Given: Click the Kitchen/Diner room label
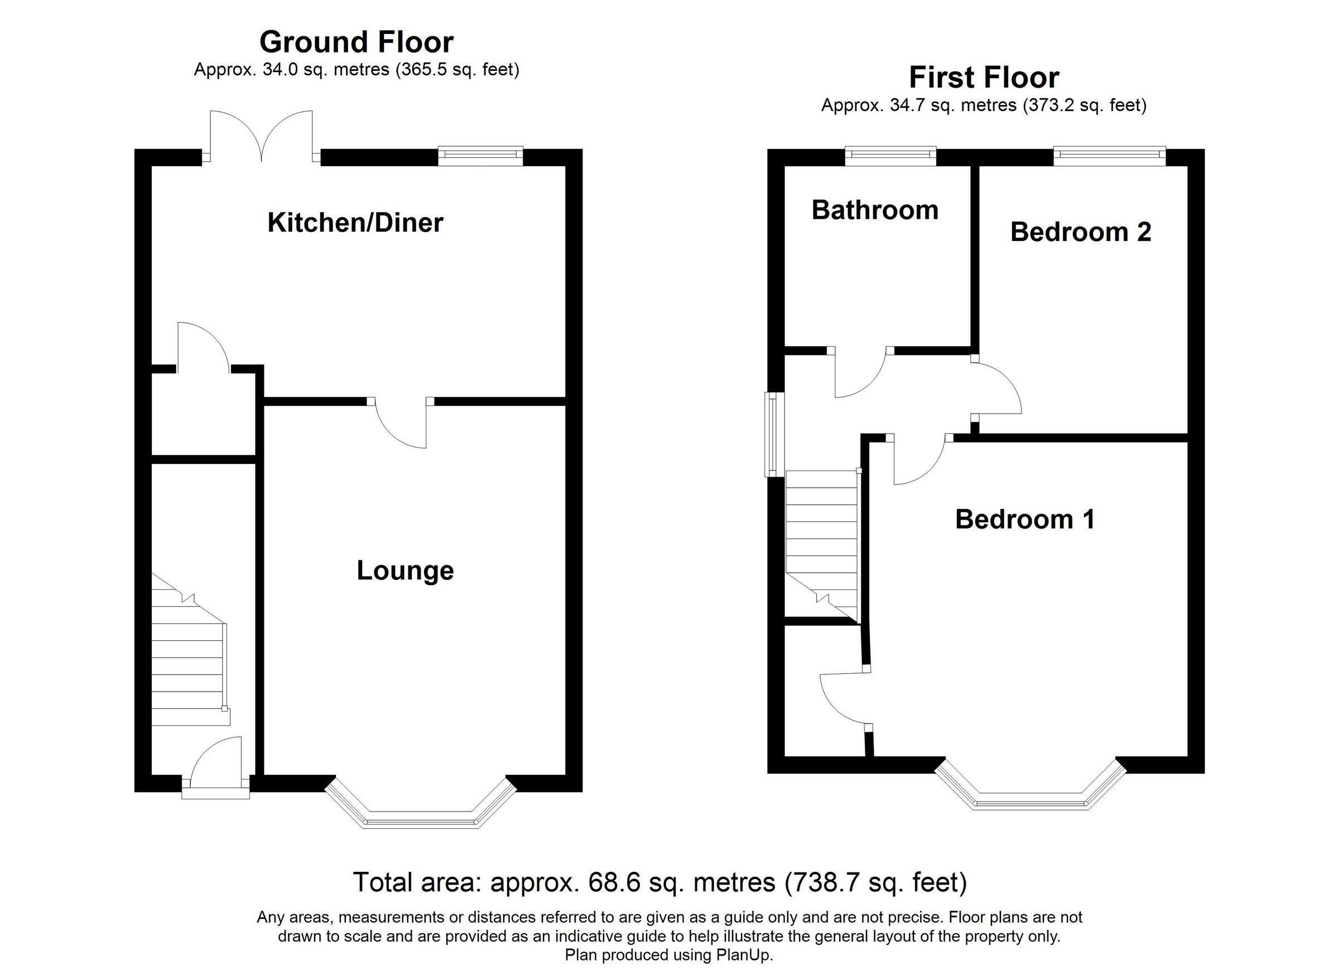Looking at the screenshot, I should tap(355, 223).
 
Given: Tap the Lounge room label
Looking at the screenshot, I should tap(405, 570).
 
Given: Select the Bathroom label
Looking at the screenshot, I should tap(874, 210).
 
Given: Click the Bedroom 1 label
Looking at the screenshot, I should tap(1024, 519).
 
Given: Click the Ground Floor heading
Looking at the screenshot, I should tap(356, 42).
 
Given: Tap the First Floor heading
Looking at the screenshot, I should tap(984, 78).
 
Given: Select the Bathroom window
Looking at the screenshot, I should tap(890, 156).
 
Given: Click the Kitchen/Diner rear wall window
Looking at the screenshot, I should tap(480, 156).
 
